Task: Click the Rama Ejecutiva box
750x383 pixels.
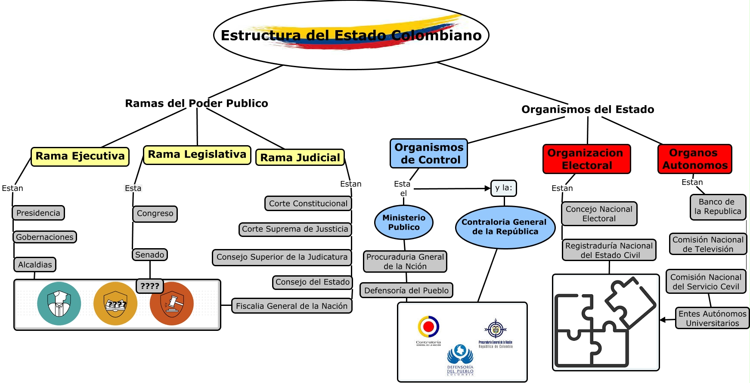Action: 80,156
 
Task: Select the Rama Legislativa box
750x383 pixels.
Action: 197,155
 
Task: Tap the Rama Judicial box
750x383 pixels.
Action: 300,158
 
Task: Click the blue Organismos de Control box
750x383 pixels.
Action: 429,153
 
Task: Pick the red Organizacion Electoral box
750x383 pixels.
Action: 586,159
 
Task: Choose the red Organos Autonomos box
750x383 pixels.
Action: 694,159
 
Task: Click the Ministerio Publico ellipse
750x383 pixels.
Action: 404,222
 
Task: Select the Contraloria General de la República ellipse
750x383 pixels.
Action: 504,227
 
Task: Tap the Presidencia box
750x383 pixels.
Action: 38,213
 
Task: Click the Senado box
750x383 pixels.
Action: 149,255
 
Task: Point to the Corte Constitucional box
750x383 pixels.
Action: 308,203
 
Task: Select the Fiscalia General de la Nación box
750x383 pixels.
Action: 291,306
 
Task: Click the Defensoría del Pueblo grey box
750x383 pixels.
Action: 406,290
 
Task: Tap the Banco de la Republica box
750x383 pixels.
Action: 717,207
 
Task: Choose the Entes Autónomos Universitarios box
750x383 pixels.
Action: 712,318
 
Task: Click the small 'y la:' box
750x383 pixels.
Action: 503,188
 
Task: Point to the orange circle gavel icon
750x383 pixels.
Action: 172,304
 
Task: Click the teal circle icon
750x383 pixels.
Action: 59,303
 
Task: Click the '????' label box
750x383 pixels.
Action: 149,286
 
